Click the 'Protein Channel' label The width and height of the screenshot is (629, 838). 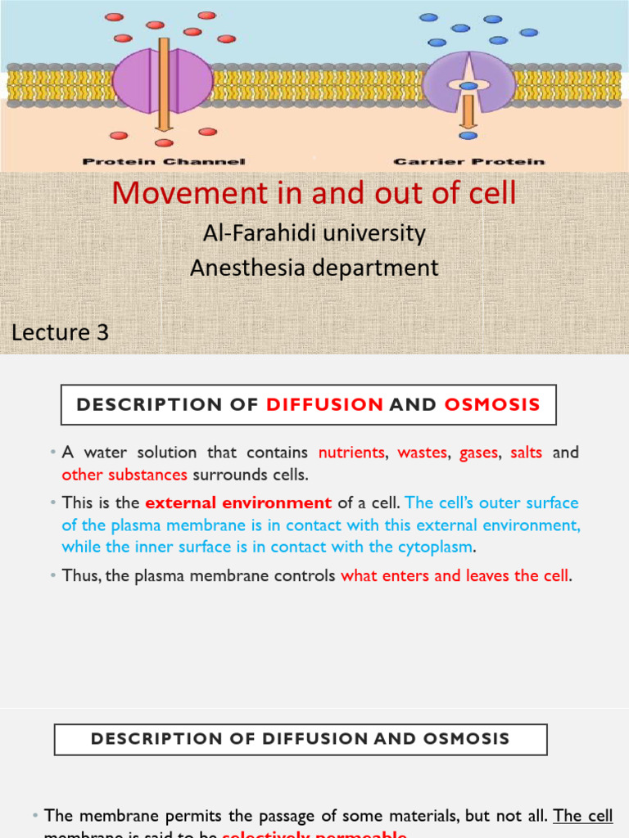pos(164,162)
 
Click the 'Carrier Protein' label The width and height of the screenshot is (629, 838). pos(468,162)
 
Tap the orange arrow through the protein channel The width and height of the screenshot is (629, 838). pos(164,82)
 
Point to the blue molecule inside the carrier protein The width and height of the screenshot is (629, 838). pos(468,85)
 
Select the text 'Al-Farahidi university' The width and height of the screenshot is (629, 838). pos(314,233)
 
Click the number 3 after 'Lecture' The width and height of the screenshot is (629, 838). pos(102,332)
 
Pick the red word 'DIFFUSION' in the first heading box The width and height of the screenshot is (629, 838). pos(325,404)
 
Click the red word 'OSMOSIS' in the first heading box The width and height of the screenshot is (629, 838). pos(492,404)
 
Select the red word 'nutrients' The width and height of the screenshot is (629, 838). pos(351,453)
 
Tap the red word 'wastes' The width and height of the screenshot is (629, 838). pos(423,453)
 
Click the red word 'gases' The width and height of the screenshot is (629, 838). pos(479,453)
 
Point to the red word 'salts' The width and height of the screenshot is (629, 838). pos(527,453)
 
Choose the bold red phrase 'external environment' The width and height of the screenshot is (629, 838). pos(238,503)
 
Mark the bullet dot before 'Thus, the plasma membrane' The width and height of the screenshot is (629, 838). pos(52,576)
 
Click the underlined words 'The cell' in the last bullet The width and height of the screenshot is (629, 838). pos(583,815)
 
